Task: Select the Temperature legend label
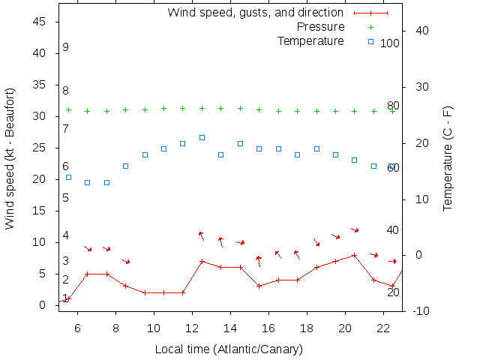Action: click(x=310, y=40)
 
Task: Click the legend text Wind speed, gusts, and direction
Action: click(x=255, y=13)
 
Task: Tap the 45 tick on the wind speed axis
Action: click(x=41, y=22)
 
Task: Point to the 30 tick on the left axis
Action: click(x=41, y=116)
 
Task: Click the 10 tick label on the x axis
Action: click(x=154, y=327)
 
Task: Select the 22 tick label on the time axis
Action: click(x=382, y=327)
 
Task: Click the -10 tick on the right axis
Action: click(x=418, y=310)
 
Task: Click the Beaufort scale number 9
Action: click(x=66, y=47)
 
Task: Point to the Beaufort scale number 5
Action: click(x=66, y=198)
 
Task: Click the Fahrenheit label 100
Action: click(x=390, y=43)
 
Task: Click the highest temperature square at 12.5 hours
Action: click(x=202, y=137)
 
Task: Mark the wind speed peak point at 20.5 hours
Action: click(x=355, y=255)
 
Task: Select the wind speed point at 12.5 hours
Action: click(x=202, y=261)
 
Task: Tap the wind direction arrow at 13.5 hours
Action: click(x=220, y=241)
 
